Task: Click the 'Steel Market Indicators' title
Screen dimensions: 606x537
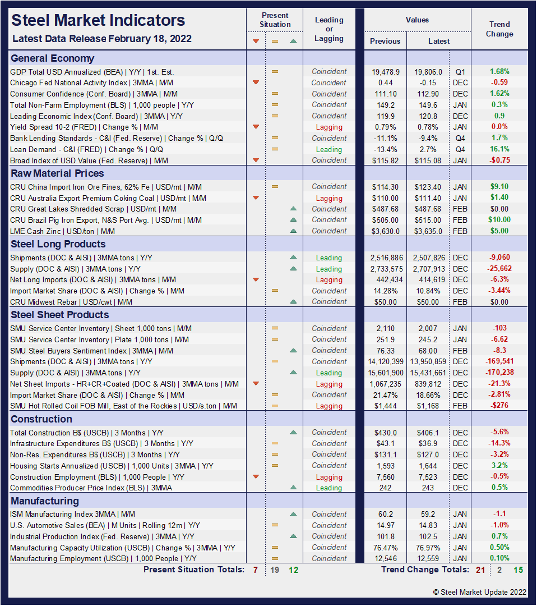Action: coord(98,21)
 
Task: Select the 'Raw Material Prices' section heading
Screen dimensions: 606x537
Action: coord(57,173)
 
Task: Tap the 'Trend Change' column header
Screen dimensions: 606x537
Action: coord(499,29)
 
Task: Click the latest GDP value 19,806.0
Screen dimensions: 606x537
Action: coord(428,72)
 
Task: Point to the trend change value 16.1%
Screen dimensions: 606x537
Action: coord(499,149)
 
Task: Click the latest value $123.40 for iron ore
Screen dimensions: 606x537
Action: coord(428,187)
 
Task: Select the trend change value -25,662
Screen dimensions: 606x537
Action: coord(499,269)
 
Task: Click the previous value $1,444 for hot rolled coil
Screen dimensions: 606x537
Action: coord(385,406)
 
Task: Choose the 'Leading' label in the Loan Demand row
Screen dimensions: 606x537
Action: coord(329,149)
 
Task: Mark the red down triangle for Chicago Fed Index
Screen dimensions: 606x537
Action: coord(256,82)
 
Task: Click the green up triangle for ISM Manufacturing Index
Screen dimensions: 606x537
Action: coord(293,514)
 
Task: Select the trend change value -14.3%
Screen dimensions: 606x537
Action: coord(499,443)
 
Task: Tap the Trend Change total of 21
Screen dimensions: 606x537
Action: coord(480,570)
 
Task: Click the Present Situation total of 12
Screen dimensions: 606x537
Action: coord(293,570)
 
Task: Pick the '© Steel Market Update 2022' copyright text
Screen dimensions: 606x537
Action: coord(480,592)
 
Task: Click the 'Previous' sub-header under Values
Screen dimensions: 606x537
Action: coord(385,41)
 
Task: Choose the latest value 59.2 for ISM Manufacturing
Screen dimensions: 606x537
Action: coord(428,514)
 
